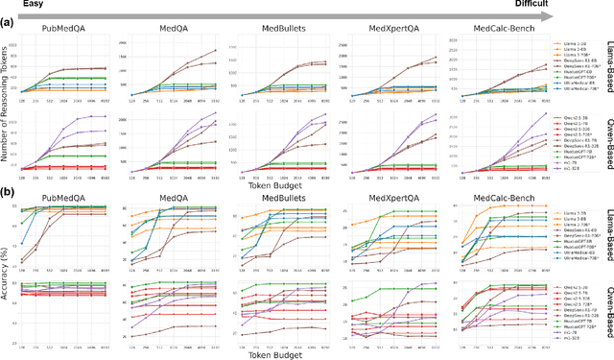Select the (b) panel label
(x=9, y=191)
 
